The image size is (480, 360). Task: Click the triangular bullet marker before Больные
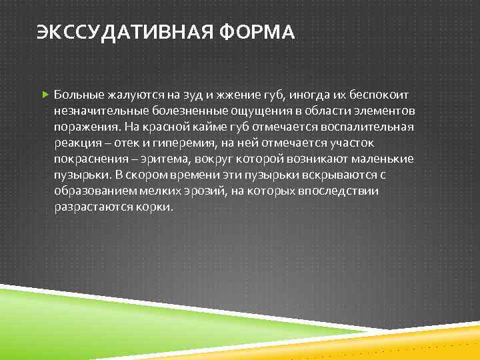45,94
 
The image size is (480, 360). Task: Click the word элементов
382,111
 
